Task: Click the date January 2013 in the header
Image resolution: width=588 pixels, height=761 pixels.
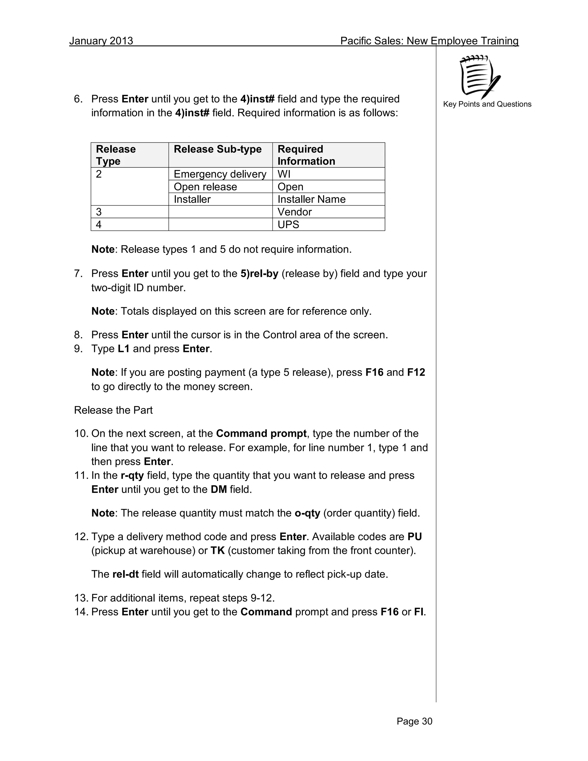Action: pyautogui.click(x=101, y=41)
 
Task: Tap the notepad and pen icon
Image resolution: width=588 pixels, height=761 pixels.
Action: pyautogui.click(x=479, y=77)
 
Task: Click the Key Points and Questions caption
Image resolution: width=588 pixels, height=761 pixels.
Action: pyautogui.click(x=487, y=104)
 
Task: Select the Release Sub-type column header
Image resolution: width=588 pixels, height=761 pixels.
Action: pyautogui.click(x=217, y=149)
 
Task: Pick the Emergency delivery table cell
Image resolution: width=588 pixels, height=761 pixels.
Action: pyautogui.click(x=220, y=174)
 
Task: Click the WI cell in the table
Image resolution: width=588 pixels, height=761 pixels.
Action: pyautogui.click(x=284, y=174)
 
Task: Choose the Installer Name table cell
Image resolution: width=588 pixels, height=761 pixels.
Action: pyautogui.click(x=312, y=199)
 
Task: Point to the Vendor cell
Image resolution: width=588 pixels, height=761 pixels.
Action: pyautogui.click(x=294, y=212)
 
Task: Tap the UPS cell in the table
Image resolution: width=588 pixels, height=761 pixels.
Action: pyautogui.click(x=288, y=224)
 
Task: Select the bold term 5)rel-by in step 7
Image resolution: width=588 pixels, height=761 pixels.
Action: pyautogui.click(x=259, y=273)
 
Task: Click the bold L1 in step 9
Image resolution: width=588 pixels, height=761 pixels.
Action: pyautogui.click(x=124, y=349)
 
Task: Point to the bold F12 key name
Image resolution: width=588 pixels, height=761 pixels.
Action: pyautogui.click(x=416, y=372)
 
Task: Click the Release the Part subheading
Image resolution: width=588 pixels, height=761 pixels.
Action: pyautogui.click(x=113, y=410)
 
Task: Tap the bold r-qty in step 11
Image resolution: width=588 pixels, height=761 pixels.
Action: pyautogui.click(x=132, y=476)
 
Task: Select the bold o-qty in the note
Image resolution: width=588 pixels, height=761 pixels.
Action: pyautogui.click(x=307, y=513)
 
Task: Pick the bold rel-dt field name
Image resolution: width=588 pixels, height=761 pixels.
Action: pyautogui.click(x=125, y=575)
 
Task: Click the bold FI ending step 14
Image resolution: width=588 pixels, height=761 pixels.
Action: pyautogui.click(x=419, y=612)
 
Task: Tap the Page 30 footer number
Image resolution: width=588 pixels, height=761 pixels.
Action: pyautogui.click(x=414, y=721)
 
